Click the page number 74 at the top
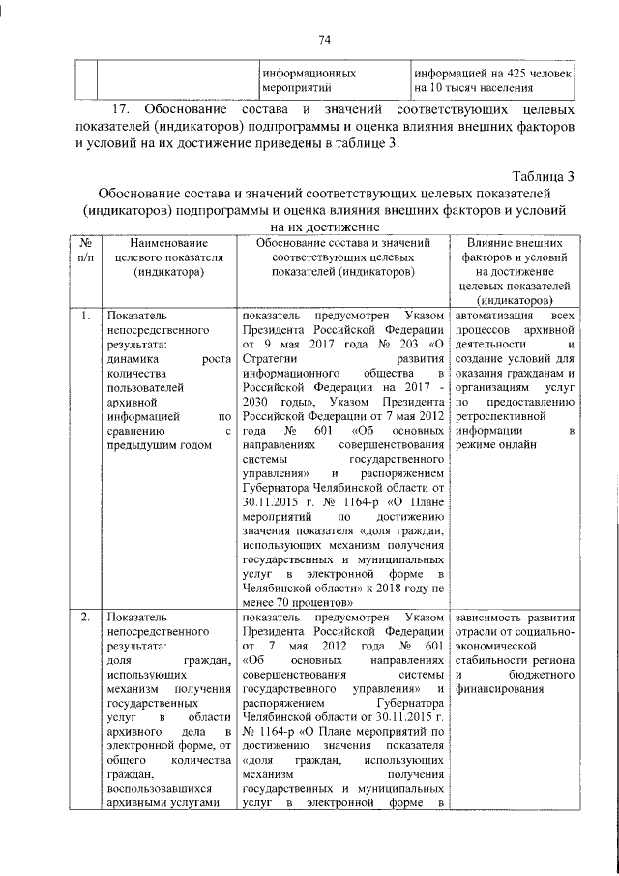[324, 39]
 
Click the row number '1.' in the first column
[85, 317]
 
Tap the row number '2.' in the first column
[85, 618]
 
